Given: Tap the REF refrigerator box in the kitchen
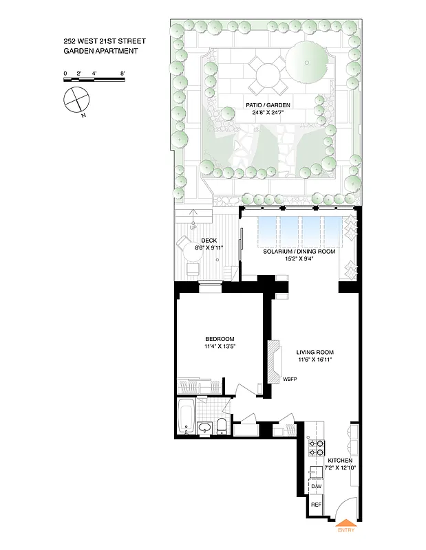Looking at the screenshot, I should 317,505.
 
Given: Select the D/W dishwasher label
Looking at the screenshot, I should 317,487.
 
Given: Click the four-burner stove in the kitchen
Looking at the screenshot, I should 317,448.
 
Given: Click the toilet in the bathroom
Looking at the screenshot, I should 222,427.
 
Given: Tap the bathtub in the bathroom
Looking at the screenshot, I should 186,417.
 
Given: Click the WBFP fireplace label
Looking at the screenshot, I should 289,379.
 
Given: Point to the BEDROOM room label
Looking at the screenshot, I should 220,339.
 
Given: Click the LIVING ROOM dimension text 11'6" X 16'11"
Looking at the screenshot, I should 315,360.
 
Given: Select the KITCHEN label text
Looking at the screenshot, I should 340,460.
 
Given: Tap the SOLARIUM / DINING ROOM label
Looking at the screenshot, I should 299,252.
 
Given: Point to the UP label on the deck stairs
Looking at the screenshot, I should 193,225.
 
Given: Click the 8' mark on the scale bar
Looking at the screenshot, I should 123,72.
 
